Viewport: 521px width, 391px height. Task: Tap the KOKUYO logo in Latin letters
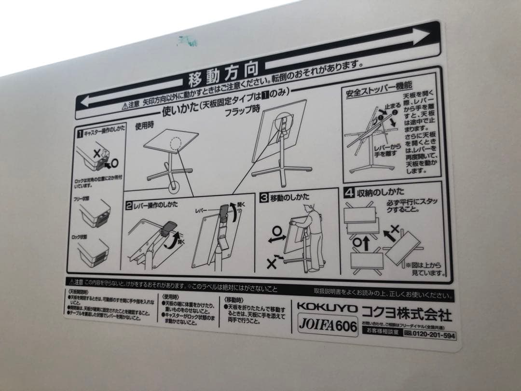coord(327,307)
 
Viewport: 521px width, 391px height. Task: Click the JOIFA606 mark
coord(327,325)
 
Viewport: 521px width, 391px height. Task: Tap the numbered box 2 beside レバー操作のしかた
coord(129,205)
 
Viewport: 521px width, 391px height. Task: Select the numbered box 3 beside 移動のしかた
coord(264,196)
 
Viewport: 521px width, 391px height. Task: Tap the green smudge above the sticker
coord(187,42)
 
